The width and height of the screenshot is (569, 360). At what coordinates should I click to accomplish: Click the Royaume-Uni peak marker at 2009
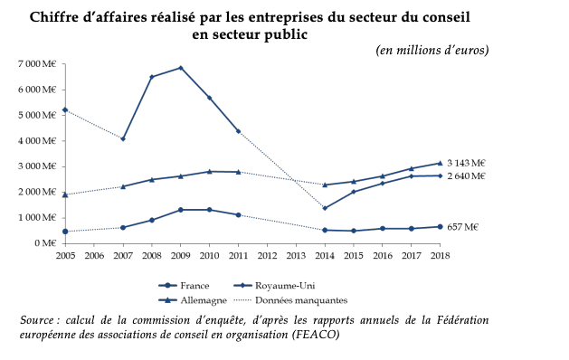pyautogui.click(x=181, y=68)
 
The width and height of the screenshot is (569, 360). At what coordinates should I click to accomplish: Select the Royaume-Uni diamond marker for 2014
pyautogui.click(x=325, y=208)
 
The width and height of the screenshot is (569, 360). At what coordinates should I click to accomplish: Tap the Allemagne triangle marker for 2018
pyautogui.click(x=441, y=163)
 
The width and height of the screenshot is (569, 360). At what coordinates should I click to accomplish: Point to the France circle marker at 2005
pyautogui.click(x=65, y=232)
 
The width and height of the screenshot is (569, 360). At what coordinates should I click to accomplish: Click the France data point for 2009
pyautogui.click(x=181, y=210)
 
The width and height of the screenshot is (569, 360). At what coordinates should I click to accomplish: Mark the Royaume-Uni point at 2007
pyautogui.click(x=123, y=138)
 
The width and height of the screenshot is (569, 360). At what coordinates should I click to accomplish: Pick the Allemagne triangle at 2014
pyautogui.click(x=325, y=185)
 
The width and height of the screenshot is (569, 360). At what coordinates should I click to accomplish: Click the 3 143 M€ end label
pyautogui.click(x=466, y=164)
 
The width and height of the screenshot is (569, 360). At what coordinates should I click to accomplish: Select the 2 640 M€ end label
pyautogui.click(x=466, y=176)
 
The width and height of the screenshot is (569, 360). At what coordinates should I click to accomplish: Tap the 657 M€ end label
pyautogui.click(x=462, y=227)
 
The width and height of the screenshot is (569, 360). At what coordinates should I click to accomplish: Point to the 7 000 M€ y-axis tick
pyautogui.click(x=37, y=64)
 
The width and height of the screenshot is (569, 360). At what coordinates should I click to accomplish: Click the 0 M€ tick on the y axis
pyautogui.click(x=45, y=243)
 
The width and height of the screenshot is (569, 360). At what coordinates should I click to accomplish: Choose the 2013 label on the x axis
pyautogui.click(x=296, y=256)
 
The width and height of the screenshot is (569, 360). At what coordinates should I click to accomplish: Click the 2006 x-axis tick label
pyautogui.click(x=94, y=256)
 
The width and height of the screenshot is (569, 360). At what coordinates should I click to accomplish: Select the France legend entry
pyautogui.click(x=184, y=286)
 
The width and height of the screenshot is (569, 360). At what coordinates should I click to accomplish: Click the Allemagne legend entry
pyautogui.click(x=193, y=300)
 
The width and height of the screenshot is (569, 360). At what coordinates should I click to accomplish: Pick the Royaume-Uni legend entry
pyautogui.click(x=274, y=286)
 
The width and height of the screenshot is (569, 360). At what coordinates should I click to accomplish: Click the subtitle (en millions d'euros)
pyautogui.click(x=432, y=50)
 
